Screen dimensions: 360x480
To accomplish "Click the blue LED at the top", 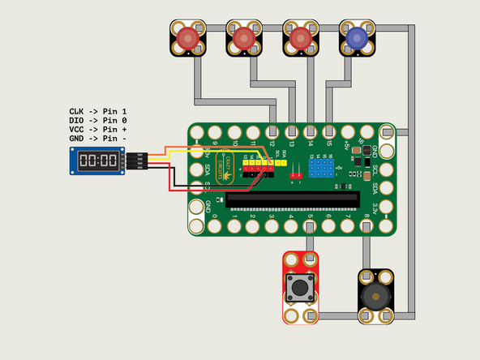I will point(354,37).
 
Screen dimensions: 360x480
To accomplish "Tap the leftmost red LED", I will point(188,37).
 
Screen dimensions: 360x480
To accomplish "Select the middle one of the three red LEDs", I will point(243,37).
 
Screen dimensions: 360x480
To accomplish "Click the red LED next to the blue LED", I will point(299,37).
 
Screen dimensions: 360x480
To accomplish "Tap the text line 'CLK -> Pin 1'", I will point(98,110).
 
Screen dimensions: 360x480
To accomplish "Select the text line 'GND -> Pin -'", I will point(98,139).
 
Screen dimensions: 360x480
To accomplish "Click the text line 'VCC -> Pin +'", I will point(98,130).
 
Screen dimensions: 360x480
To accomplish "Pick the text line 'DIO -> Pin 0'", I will point(98,120).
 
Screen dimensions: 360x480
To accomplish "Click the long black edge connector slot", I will point(293,198).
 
